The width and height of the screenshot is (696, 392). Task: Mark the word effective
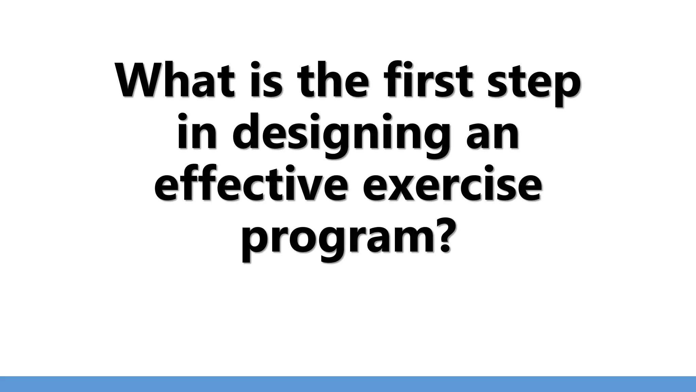251,185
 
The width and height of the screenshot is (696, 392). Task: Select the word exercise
452,185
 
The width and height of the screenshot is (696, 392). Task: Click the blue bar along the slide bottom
348,384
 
